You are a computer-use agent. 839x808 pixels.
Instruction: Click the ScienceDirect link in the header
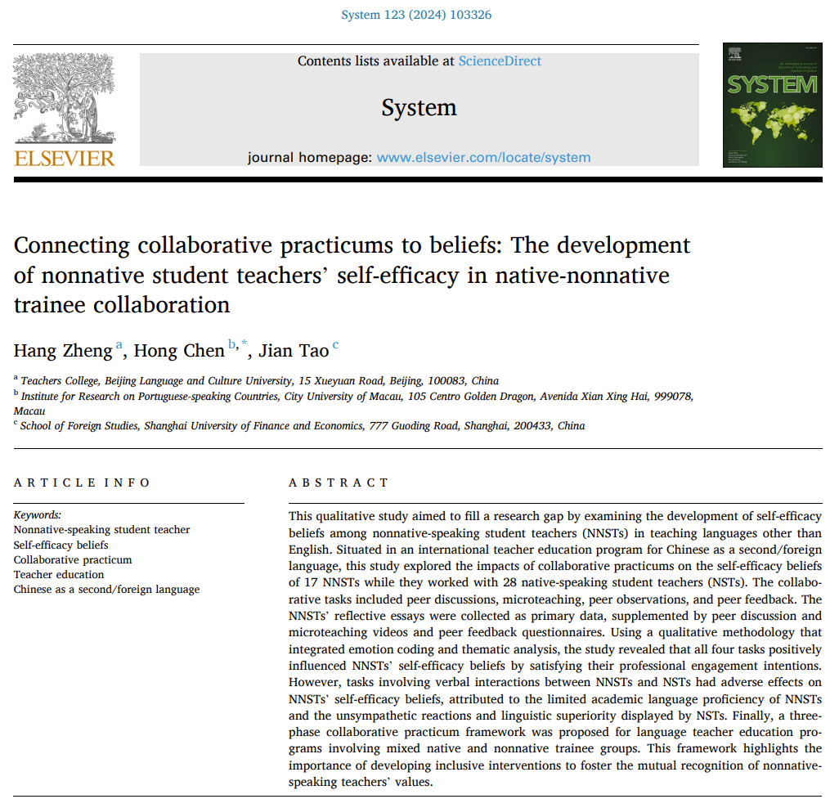click(500, 61)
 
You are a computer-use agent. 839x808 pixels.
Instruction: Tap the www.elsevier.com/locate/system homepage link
click(483, 157)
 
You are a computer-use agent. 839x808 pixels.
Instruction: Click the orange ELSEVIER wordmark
click(65, 157)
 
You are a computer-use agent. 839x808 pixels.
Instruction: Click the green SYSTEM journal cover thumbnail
click(772, 105)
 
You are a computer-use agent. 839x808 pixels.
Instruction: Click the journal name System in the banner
click(419, 108)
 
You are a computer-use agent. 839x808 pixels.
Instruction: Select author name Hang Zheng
click(62, 351)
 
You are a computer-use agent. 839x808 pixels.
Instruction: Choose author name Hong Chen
click(178, 351)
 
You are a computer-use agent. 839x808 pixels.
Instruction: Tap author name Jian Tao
click(294, 351)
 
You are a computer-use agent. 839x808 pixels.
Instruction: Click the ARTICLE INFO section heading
click(82, 483)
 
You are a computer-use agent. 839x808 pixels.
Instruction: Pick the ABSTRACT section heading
click(339, 483)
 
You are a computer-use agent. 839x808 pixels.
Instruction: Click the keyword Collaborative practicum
click(73, 560)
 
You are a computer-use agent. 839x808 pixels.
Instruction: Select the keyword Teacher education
click(60, 575)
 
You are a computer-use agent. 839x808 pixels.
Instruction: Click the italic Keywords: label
click(38, 515)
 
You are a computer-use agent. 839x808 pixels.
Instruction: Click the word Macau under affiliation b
click(29, 411)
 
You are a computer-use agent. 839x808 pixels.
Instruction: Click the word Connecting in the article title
click(72, 245)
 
